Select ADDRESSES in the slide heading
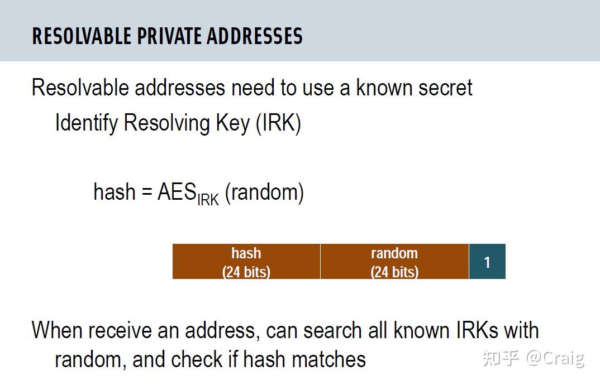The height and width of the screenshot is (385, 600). pyautogui.click(x=255, y=36)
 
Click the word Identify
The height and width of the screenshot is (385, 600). pyautogui.click(x=86, y=123)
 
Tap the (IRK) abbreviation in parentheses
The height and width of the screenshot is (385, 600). pyautogui.click(x=278, y=123)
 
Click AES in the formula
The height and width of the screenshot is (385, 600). pyautogui.click(x=177, y=192)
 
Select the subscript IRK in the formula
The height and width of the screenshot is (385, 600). pyautogui.click(x=208, y=199)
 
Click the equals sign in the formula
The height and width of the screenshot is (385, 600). pyautogui.click(x=146, y=192)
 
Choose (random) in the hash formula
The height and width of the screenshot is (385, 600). pyautogui.click(x=264, y=192)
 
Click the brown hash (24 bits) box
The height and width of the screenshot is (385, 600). pyautogui.click(x=246, y=262)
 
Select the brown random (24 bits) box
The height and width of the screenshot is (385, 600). pyautogui.click(x=394, y=262)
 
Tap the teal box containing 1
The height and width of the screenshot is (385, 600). pyautogui.click(x=487, y=262)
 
